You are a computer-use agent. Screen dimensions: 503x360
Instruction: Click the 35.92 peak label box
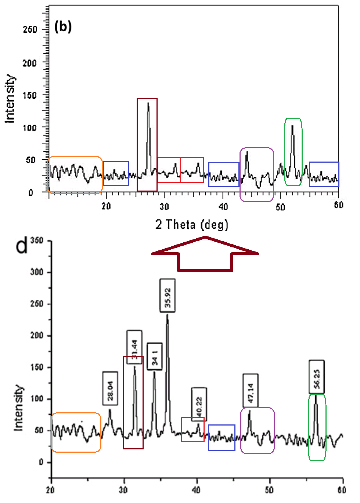[168, 296]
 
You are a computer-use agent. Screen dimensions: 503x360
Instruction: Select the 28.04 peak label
[110, 388]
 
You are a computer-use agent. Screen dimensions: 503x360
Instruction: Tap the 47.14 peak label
[251, 391]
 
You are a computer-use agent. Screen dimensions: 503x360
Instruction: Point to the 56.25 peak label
[317, 377]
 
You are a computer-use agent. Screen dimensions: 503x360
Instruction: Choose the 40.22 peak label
[199, 404]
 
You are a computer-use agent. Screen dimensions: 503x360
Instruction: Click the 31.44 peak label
[134, 347]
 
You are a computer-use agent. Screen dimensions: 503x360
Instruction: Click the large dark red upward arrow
[205, 254]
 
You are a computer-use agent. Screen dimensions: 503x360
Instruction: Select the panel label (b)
[63, 26]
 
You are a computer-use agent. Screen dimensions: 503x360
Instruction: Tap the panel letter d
[22, 245]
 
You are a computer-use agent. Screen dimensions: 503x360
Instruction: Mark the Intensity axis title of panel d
[18, 408]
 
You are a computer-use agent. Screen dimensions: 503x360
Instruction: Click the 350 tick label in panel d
[37, 241]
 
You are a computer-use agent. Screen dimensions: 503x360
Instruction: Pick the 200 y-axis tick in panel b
[29, 63]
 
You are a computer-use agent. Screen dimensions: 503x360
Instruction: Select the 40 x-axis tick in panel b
[223, 206]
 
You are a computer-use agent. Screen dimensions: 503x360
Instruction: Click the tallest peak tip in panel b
[148, 103]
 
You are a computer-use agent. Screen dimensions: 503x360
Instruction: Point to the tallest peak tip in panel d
[168, 315]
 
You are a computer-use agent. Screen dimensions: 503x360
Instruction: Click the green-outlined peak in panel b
[293, 151]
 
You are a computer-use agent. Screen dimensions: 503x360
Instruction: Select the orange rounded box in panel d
[76, 432]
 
